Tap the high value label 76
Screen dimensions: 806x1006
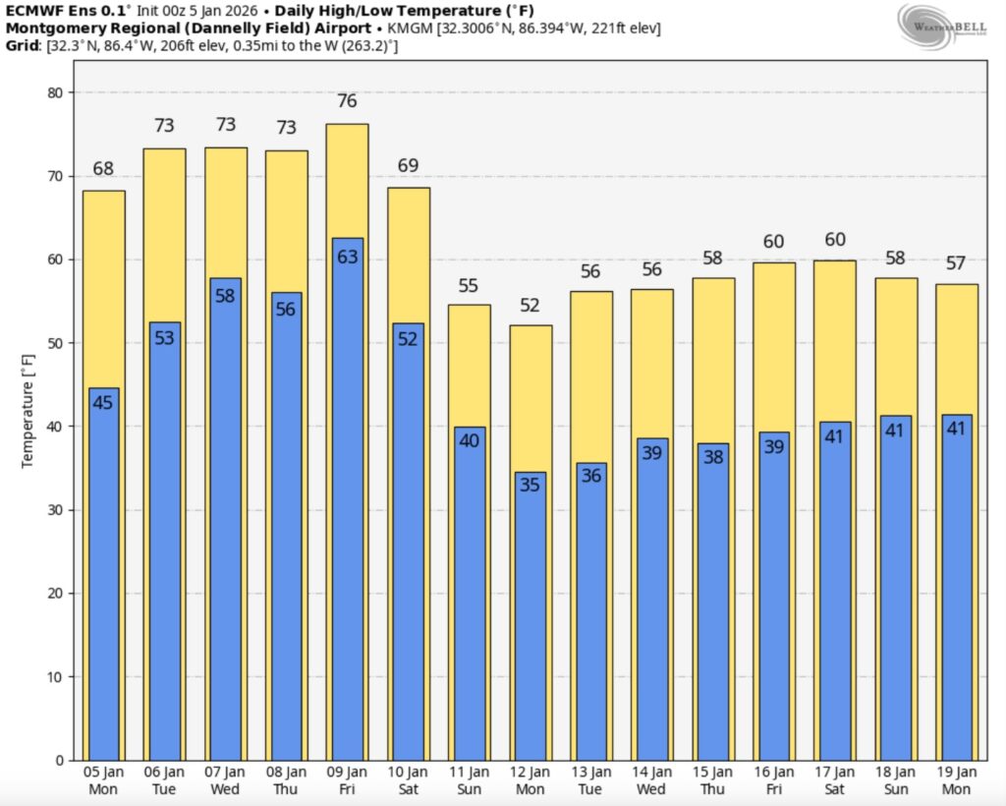coord(347,101)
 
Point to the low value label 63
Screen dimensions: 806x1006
coord(348,258)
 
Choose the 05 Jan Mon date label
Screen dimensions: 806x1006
coord(103,780)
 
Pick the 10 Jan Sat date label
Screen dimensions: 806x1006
coord(408,780)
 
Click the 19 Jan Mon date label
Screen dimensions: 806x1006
coord(956,780)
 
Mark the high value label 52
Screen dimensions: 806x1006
coord(531,306)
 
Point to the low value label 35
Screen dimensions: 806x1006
coord(531,485)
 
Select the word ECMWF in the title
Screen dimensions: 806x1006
coord(31,11)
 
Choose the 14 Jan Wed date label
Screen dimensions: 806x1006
coord(651,780)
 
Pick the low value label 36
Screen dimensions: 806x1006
coord(591,476)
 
